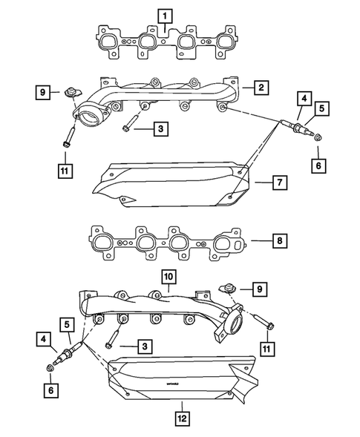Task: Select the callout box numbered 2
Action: click(x=262, y=88)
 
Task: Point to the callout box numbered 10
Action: click(x=169, y=276)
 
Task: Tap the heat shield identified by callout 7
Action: click(x=171, y=182)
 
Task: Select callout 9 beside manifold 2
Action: click(x=44, y=93)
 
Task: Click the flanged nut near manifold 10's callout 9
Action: click(x=226, y=287)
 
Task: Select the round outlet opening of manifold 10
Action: click(x=235, y=324)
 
